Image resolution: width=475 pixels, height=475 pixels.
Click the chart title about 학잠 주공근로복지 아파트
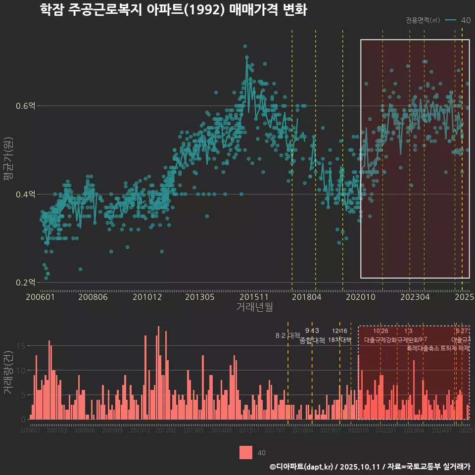click(x=174, y=10)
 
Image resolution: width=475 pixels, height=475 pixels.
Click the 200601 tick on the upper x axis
click(x=40, y=297)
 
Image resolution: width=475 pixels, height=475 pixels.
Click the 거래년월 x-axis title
click(x=254, y=307)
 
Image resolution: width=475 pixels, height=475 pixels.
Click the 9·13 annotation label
click(x=312, y=331)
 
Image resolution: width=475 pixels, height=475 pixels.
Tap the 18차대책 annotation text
click(x=339, y=340)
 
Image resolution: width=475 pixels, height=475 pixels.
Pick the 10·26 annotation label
click(x=380, y=331)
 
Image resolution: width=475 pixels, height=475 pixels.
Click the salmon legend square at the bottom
click(x=246, y=452)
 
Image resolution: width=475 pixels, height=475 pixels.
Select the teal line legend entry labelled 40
click(x=458, y=20)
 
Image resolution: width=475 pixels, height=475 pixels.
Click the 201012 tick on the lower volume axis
click(x=140, y=430)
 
